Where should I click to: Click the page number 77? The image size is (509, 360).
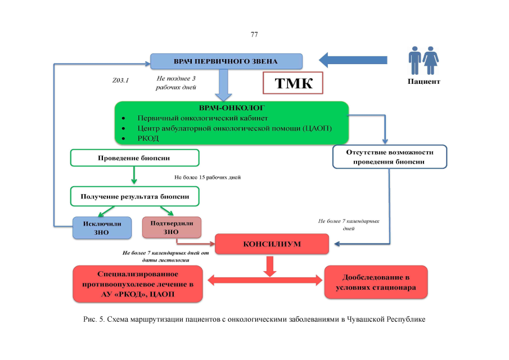254,34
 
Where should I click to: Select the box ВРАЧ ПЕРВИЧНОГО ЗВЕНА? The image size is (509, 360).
226,61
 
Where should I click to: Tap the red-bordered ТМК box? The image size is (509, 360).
293,83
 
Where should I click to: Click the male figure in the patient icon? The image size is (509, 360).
415,60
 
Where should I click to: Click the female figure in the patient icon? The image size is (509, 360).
431,60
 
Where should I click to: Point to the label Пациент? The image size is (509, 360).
424,82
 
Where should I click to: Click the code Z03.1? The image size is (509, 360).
121,80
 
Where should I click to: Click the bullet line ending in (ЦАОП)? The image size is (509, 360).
235,128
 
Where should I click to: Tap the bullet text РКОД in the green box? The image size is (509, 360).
148,138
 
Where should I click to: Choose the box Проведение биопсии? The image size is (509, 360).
134,157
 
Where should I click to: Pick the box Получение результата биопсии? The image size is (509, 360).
134,196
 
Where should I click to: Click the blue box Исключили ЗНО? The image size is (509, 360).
102,228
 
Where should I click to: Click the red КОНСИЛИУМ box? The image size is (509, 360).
272,245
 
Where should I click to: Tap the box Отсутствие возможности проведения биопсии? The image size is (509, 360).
389,157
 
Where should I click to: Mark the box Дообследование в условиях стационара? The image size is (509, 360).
376,282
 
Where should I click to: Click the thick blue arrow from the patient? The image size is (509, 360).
353,60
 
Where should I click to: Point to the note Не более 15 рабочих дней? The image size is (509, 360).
208,178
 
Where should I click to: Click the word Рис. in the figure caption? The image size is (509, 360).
90,319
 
